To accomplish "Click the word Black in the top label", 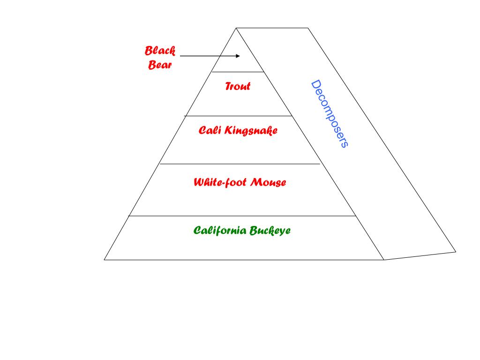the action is [160, 51].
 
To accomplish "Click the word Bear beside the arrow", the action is [160, 65].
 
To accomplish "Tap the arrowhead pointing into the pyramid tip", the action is [238, 56].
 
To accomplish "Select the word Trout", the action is [238, 86].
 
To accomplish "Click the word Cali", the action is [210, 130].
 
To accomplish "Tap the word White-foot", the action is [220, 182].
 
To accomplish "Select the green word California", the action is [220, 230].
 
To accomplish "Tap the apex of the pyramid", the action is [236, 28].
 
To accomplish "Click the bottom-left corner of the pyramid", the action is [105, 259].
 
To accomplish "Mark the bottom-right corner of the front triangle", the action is [384, 259].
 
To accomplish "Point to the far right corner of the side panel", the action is [456, 252].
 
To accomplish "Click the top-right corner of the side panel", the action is [307, 28].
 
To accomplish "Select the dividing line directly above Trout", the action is [238, 72].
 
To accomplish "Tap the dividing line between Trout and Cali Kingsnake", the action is [238, 116].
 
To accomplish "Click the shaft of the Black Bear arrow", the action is [206, 56].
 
